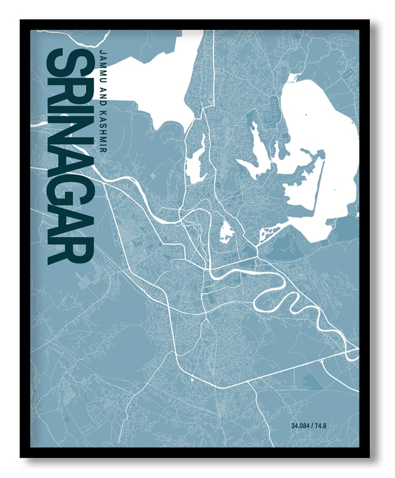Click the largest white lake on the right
322,152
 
